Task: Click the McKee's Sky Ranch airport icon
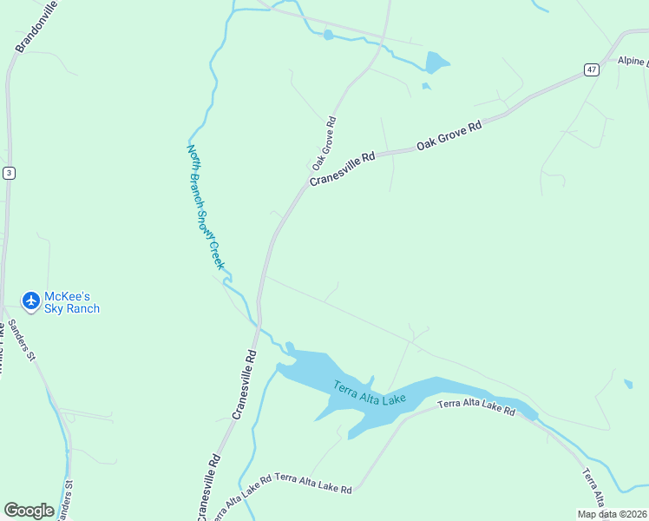pyautogui.click(x=31, y=300)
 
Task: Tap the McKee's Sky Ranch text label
pyautogui.click(x=72, y=302)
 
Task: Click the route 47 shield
pyautogui.click(x=591, y=69)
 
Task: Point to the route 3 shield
pyautogui.click(x=9, y=173)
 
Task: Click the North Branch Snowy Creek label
pyautogui.click(x=206, y=206)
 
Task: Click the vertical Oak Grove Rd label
pyautogui.click(x=324, y=143)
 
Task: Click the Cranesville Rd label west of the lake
pyautogui.click(x=246, y=385)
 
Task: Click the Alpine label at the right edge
pyautogui.click(x=632, y=62)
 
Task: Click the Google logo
pyautogui.click(x=29, y=510)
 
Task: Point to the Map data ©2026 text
pyautogui.click(x=611, y=514)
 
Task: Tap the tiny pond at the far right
pyautogui.click(x=628, y=383)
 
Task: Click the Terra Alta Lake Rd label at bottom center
pyautogui.click(x=314, y=485)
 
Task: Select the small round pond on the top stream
pyautogui.click(x=328, y=35)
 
